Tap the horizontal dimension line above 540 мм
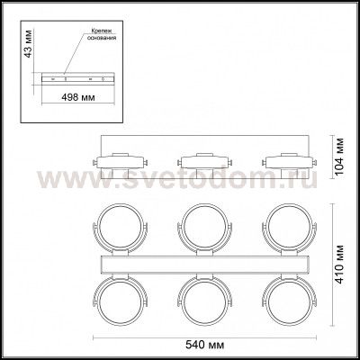tap(203, 335)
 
